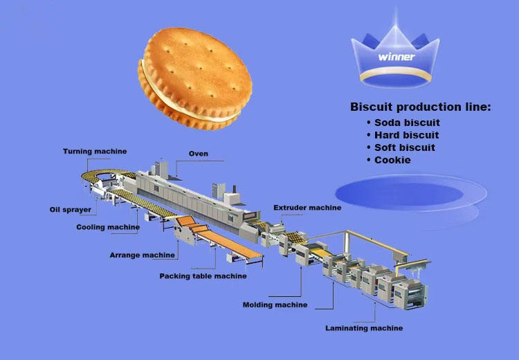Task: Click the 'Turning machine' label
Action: tap(94, 152)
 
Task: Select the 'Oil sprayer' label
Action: tap(69, 209)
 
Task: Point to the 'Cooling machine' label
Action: tap(108, 227)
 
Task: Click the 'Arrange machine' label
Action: tap(142, 255)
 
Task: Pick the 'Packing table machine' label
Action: tap(203, 276)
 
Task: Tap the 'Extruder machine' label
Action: tap(307, 208)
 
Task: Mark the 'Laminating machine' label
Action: tap(364, 328)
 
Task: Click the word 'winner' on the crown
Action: tap(397, 57)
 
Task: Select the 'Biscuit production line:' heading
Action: tap(421, 107)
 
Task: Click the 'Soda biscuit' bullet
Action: tap(407, 123)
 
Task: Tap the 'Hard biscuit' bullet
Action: tap(406, 135)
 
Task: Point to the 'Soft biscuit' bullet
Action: tap(405, 147)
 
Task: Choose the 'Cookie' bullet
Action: tap(392, 160)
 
